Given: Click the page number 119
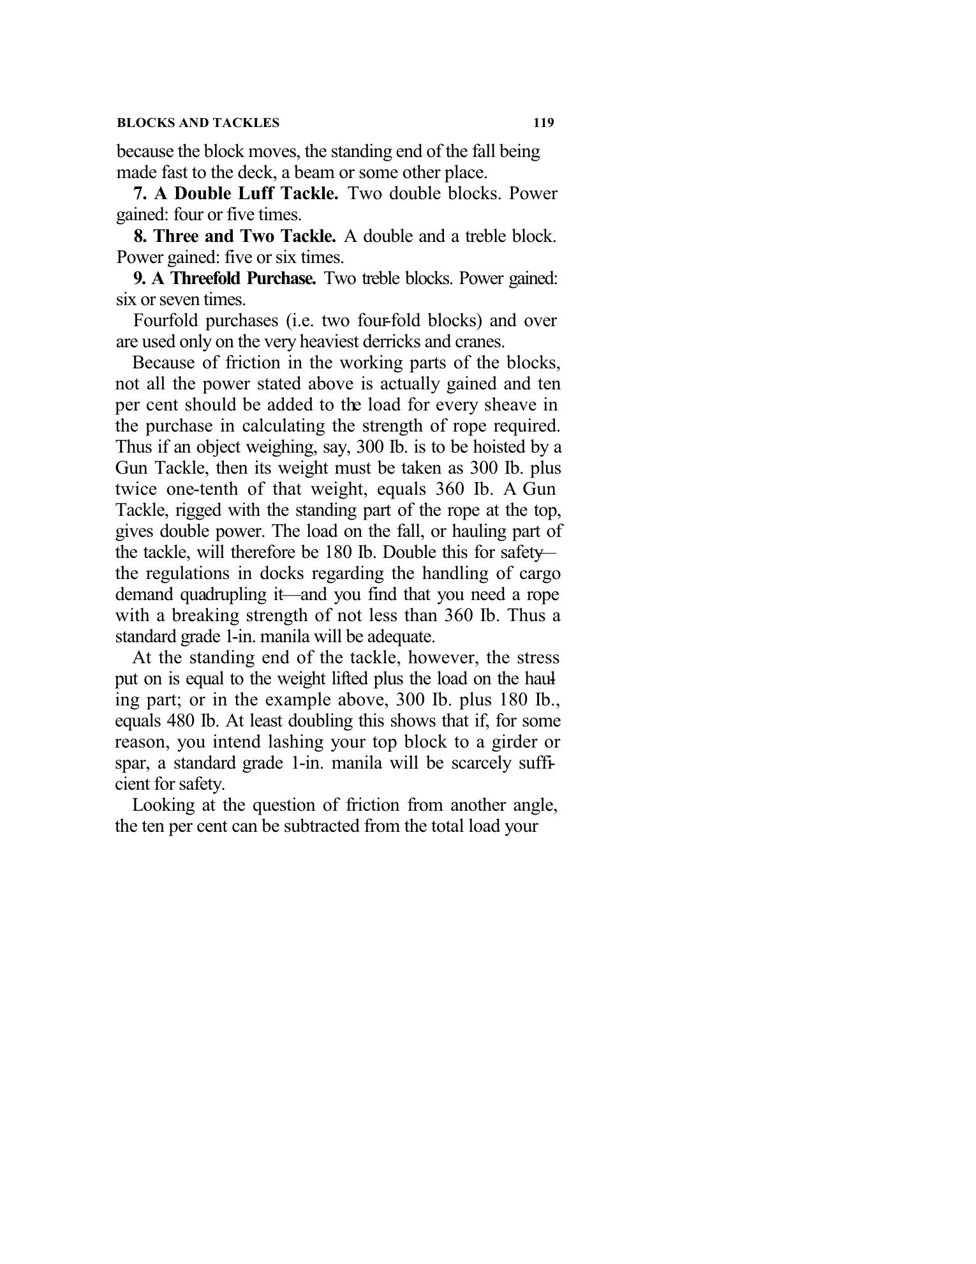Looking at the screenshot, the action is (x=543, y=123).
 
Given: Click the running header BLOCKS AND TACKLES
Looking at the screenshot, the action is (x=198, y=123).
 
